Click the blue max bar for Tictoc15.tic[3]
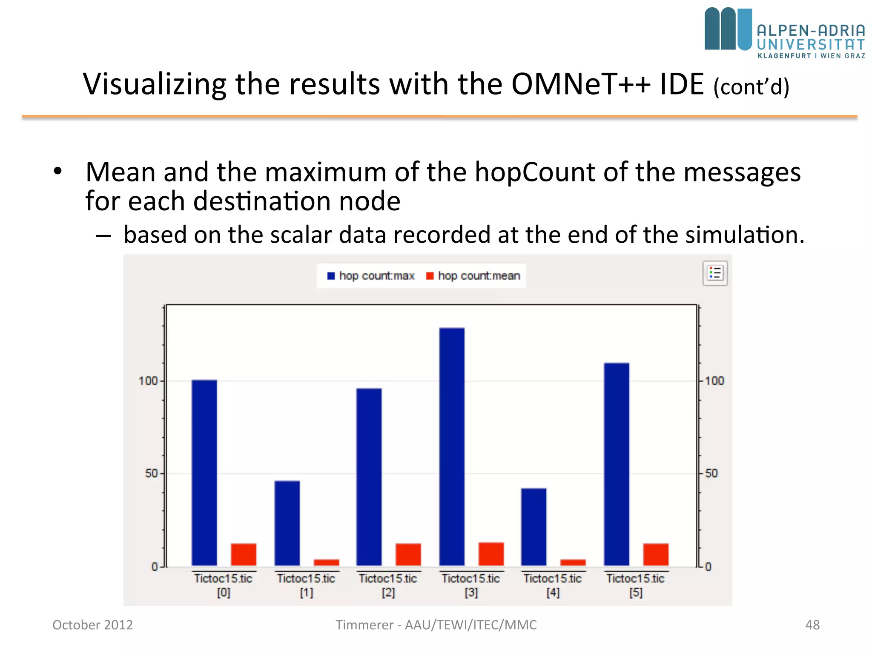pyautogui.click(x=452, y=447)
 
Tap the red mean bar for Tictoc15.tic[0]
pyautogui.click(x=244, y=554)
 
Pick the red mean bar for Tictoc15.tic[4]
pyautogui.click(x=573, y=562)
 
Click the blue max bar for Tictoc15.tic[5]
pyautogui.click(x=617, y=464)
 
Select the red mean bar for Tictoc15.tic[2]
pyautogui.click(x=408, y=554)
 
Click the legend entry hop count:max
pyautogui.click(x=371, y=276)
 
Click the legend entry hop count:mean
pyautogui.click(x=473, y=276)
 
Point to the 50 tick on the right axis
pyautogui.click(x=711, y=473)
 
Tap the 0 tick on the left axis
pyautogui.click(x=155, y=567)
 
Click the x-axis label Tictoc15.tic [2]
pyautogui.click(x=388, y=585)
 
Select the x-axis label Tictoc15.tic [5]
pyautogui.click(x=635, y=585)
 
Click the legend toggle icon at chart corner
pyautogui.click(x=715, y=273)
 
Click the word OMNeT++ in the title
pyautogui.click(x=581, y=84)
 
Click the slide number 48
pyautogui.click(x=812, y=625)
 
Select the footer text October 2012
pyautogui.click(x=92, y=625)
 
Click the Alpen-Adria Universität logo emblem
pyautogui.click(x=728, y=29)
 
